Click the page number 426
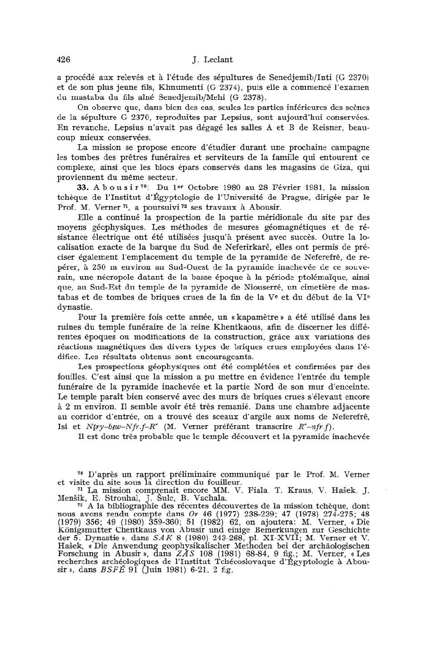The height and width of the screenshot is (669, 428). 63,60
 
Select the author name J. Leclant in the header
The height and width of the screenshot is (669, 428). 213,60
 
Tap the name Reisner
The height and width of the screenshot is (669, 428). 329,128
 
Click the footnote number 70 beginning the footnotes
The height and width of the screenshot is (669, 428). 81,473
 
